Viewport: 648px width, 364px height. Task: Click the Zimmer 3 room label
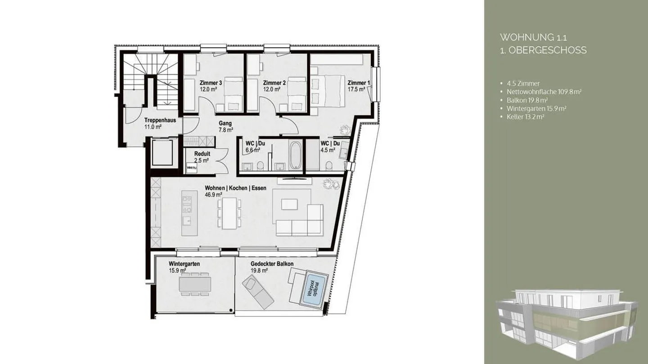pyautogui.click(x=211, y=83)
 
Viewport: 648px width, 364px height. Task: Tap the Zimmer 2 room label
pyautogui.click(x=274, y=83)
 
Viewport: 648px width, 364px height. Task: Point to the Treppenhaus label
pyautogui.click(x=160, y=120)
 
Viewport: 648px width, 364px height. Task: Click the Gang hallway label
pyautogui.click(x=225, y=123)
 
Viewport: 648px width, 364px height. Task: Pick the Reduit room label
pyautogui.click(x=202, y=154)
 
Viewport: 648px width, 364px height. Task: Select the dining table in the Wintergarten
pyautogui.click(x=195, y=284)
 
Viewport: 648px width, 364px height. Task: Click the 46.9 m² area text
pyautogui.click(x=214, y=195)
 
